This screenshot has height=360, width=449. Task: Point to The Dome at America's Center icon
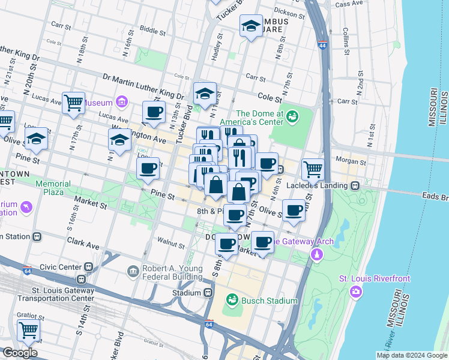pyautogui.click(x=293, y=116)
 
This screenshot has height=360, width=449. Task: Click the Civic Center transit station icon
pyautogui.click(x=89, y=266)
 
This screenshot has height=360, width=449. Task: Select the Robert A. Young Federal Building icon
pyautogui.click(x=133, y=272)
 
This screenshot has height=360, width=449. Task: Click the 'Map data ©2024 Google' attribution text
pyautogui.click(x=412, y=355)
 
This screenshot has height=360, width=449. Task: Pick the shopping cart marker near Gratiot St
pyautogui.click(x=28, y=329)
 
